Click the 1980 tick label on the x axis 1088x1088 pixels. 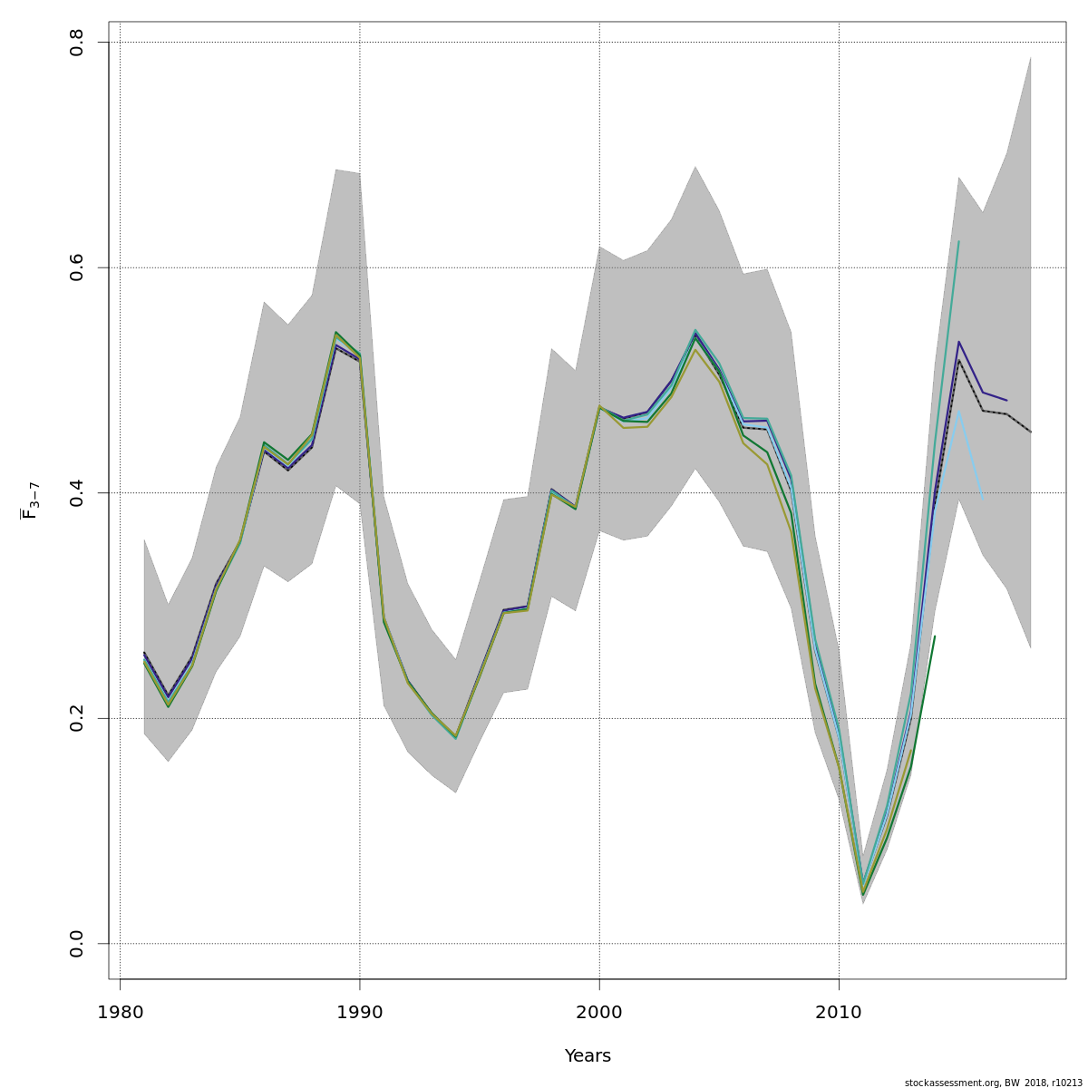120,1012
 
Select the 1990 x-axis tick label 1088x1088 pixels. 360,1012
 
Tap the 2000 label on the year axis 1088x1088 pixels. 599,1012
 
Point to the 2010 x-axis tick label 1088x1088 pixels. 839,1012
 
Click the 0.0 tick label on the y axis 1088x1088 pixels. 77,943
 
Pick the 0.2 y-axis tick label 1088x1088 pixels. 77,718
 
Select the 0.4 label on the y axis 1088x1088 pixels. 77,492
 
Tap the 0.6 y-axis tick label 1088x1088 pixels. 77,267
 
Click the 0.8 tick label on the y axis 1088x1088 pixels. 77,43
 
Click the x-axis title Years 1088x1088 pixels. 588,1056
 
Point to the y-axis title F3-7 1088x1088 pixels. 29,500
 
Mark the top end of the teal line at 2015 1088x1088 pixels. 958,241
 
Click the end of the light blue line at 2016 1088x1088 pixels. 983,499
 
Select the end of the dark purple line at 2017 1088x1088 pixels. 1006,401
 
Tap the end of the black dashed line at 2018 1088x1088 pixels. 1031,432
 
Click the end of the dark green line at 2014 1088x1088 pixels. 935,636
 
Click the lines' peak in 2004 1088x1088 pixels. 695,334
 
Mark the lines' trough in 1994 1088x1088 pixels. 456,737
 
